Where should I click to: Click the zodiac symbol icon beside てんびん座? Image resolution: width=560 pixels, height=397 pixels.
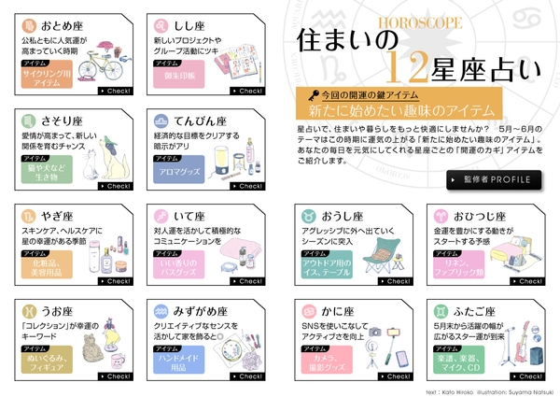[x=161, y=121]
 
